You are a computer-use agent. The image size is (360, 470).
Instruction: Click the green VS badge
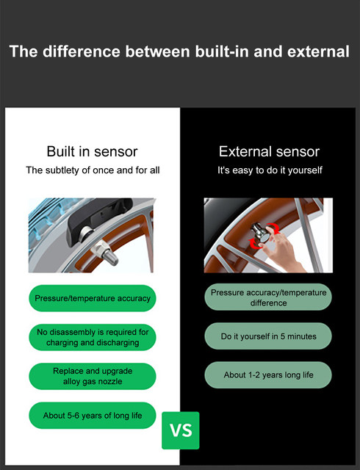[181, 430]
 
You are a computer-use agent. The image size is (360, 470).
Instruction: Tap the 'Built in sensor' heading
[92, 151]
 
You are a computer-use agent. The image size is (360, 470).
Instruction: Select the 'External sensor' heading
[269, 151]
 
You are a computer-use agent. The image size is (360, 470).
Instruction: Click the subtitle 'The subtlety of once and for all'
[93, 170]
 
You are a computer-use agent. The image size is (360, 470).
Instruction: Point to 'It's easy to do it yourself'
[270, 170]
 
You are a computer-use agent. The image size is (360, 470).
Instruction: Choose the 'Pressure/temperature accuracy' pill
[93, 298]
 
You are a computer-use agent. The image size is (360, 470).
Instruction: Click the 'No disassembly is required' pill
[93, 337]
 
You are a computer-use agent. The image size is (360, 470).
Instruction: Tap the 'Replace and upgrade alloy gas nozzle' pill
[93, 376]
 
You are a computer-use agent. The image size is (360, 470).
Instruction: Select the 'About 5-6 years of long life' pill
[93, 415]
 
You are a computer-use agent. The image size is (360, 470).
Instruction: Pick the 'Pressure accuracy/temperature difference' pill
[268, 297]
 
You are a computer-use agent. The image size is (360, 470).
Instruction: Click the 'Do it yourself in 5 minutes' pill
[268, 336]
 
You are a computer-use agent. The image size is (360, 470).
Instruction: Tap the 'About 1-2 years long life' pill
[268, 375]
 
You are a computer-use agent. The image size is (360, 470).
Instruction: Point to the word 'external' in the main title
[318, 51]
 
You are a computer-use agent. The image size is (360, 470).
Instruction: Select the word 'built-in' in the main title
[222, 51]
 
